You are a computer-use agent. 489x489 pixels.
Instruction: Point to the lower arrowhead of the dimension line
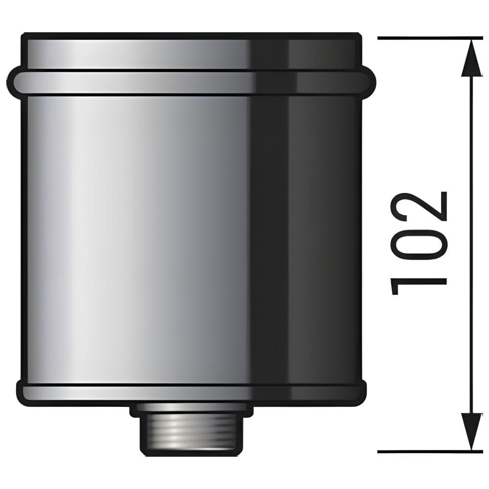tap(471, 432)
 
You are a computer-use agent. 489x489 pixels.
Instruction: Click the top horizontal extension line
tap(430, 38)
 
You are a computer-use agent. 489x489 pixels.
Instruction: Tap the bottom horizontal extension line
tap(430, 451)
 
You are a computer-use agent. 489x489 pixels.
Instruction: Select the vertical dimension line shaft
tap(471, 245)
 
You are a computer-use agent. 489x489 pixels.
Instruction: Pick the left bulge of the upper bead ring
tap(13, 82)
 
